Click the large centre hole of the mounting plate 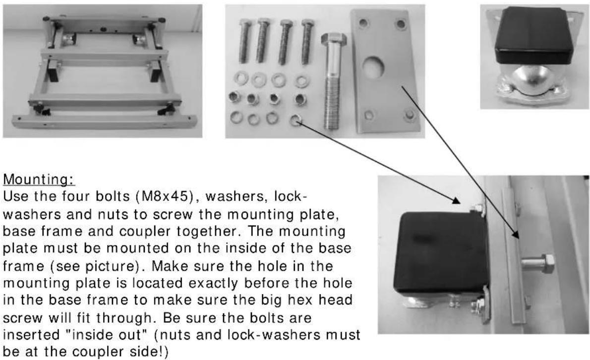pyautogui.click(x=375, y=67)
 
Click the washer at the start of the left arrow pyautogui.click(x=296, y=120)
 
